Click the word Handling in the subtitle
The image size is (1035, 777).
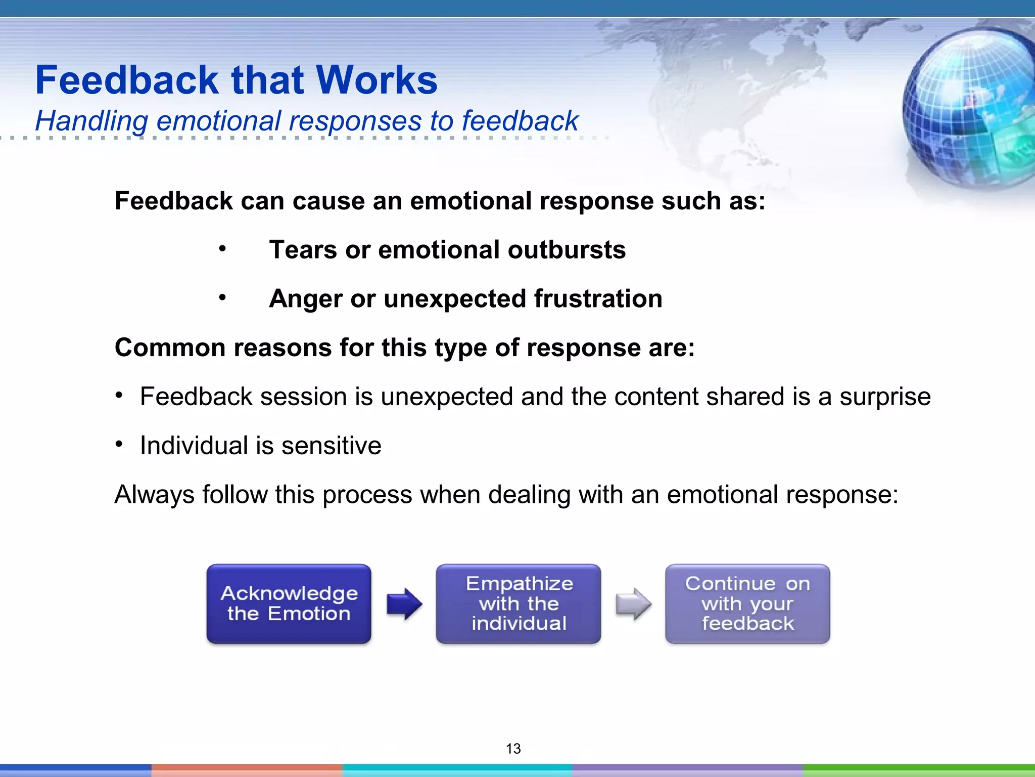point(91,121)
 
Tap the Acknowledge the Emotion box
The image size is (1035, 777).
point(289,603)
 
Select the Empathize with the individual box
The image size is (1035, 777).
point(519,603)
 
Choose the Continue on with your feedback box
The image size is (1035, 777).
point(747,603)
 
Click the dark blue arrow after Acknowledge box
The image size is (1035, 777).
point(404,603)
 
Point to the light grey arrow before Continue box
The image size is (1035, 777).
point(633,603)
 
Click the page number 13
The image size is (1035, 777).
point(513,748)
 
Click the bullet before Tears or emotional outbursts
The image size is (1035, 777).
point(222,249)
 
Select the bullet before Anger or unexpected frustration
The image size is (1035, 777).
point(222,298)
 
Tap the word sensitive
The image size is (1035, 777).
point(331,446)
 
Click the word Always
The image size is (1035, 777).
point(154,495)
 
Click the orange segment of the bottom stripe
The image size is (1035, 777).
point(247,770)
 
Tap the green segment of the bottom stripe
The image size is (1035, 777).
point(919,770)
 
